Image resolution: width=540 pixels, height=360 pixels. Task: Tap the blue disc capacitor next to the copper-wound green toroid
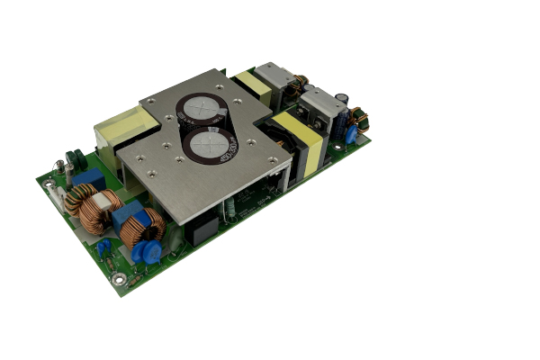point(351,135)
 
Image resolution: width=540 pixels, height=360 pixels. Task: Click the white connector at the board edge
point(58,196)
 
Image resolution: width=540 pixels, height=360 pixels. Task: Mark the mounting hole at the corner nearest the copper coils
point(132,279)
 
